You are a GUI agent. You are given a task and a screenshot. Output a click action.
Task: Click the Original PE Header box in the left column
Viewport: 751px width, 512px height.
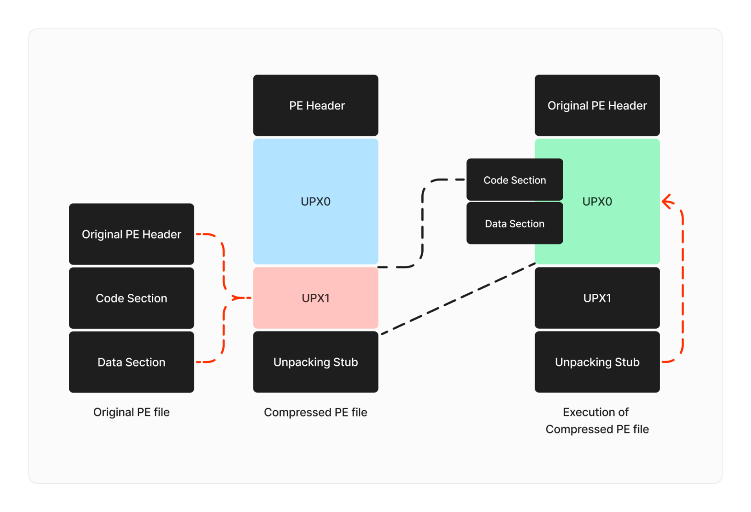[131, 234]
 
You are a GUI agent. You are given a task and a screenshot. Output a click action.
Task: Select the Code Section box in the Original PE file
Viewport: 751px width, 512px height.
[131, 298]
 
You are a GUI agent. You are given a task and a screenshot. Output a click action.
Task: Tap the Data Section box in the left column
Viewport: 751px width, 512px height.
[131, 362]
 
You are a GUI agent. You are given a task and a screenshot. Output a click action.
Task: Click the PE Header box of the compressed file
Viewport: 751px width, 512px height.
[316, 106]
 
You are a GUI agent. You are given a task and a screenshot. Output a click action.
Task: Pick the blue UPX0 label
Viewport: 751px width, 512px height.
[316, 201]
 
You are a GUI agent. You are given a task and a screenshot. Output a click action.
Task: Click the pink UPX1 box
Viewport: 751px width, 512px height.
[316, 298]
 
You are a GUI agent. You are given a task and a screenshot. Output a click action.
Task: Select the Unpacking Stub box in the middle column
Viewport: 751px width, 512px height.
[316, 362]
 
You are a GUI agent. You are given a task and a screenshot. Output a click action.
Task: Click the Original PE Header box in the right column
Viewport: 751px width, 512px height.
[597, 106]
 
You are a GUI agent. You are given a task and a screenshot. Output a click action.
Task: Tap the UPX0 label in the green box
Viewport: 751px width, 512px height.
[597, 201]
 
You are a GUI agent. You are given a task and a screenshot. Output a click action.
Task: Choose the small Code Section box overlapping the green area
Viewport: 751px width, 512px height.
[514, 180]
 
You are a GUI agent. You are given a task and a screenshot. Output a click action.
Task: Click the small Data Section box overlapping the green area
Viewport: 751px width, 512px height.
[514, 224]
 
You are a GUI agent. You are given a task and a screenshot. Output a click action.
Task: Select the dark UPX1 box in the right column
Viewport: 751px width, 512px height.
[597, 298]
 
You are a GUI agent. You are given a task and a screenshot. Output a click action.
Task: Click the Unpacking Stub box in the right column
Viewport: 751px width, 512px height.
[597, 362]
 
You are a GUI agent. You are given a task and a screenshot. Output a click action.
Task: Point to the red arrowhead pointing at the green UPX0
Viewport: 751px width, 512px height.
[667, 202]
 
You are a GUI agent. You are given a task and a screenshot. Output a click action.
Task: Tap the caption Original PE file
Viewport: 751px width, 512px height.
[131, 412]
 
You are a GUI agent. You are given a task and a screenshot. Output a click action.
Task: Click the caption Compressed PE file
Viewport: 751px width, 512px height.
[316, 412]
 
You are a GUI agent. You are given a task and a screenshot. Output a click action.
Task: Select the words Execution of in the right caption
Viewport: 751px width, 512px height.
[595, 412]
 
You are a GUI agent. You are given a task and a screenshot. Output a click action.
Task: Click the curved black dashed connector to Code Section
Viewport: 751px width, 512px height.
[422, 223]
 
